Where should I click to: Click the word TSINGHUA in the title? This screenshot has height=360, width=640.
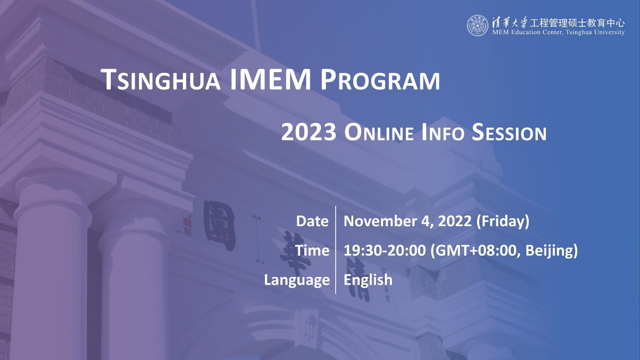(x=160, y=80)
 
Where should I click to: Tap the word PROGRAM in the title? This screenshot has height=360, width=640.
(x=380, y=80)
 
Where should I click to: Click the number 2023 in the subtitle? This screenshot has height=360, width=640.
(x=308, y=132)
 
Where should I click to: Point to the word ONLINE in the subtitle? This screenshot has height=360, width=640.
(x=379, y=132)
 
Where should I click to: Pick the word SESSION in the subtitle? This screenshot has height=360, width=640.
(x=509, y=132)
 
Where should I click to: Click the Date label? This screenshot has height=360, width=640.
(x=312, y=221)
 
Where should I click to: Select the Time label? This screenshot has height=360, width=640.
(x=312, y=251)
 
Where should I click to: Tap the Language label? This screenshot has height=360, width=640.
(x=297, y=280)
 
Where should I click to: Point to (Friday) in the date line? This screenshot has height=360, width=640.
(x=503, y=222)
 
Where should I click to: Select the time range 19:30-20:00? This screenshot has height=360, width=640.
(x=385, y=251)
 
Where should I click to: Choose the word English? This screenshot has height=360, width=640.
(x=368, y=280)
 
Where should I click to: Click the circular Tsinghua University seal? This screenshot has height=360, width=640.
(x=477, y=25)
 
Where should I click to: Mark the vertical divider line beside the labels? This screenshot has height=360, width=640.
(x=336, y=250)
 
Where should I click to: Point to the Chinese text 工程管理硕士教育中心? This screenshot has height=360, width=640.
(x=577, y=23)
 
